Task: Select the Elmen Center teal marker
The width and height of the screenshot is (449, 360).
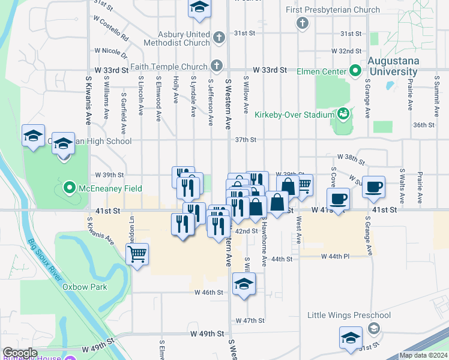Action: (x=355, y=71)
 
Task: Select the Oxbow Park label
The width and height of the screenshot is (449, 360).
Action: (x=85, y=287)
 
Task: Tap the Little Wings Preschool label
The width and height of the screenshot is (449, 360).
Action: (x=349, y=315)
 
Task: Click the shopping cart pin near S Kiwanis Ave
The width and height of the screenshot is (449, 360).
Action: (x=137, y=254)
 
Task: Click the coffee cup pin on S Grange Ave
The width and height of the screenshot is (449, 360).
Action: (x=374, y=187)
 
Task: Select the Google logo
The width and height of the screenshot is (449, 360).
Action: (x=20, y=353)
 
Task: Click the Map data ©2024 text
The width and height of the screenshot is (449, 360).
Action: (x=423, y=355)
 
